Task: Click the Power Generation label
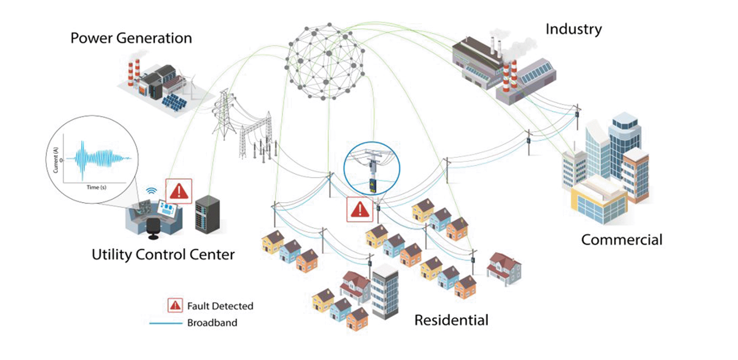[x=131, y=38]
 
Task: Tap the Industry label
[x=573, y=29]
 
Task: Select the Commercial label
[x=621, y=240]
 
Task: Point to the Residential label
[x=451, y=320]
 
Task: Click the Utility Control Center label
[x=163, y=254]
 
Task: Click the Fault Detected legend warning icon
[x=175, y=305]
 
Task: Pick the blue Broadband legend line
[x=166, y=323]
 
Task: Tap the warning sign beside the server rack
[x=179, y=191]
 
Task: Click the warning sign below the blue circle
[x=360, y=210]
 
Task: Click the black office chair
[x=153, y=228]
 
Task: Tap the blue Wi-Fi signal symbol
[x=151, y=191]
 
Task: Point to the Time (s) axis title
[x=96, y=188]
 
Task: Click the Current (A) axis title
[x=55, y=159]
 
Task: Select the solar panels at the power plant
[x=174, y=102]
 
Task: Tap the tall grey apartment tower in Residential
[x=385, y=291]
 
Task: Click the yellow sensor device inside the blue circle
[x=373, y=185]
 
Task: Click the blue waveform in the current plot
[x=98, y=158]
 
